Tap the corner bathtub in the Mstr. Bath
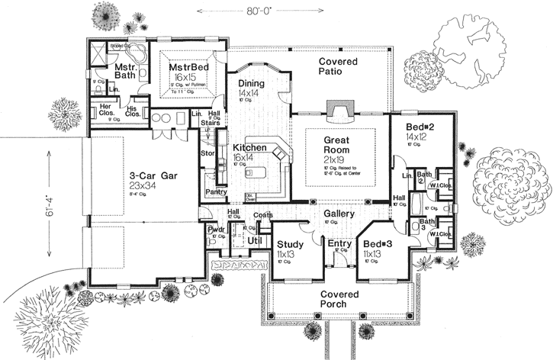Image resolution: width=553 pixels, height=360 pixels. (139, 56)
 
